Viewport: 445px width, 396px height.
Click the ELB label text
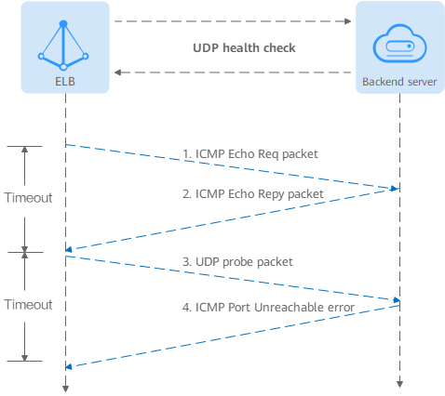(x=65, y=82)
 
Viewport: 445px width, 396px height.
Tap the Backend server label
(x=399, y=82)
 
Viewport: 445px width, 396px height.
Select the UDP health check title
(x=244, y=48)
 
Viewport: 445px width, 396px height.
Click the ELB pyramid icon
(x=63, y=46)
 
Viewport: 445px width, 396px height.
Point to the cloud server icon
(x=399, y=43)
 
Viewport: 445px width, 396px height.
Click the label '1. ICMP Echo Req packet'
(x=250, y=154)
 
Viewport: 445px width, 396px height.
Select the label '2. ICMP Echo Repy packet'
(x=253, y=194)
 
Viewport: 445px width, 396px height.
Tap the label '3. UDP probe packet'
(x=237, y=262)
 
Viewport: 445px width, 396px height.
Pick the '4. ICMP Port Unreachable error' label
(x=268, y=308)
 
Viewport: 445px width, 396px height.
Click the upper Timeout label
(x=28, y=198)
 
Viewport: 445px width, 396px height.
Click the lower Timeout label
(x=28, y=305)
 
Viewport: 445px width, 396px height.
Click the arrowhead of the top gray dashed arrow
(x=348, y=21)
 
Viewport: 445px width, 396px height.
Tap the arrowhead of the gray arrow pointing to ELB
(x=117, y=73)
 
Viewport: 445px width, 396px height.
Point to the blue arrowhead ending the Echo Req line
(x=395, y=189)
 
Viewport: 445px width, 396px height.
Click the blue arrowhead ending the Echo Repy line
(x=69, y=249)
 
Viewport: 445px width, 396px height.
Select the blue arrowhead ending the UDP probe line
(x=397, y=300)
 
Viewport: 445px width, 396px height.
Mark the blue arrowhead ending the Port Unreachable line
(x=69, y=367)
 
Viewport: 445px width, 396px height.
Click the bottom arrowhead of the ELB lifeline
(x=65, y=389)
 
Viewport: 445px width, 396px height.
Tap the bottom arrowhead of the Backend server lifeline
(x=399, y=384)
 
